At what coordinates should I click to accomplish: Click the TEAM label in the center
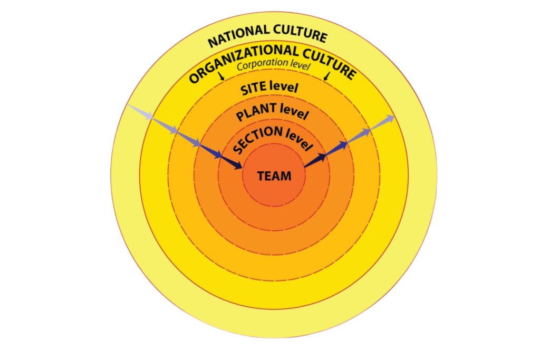pos(274,176)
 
